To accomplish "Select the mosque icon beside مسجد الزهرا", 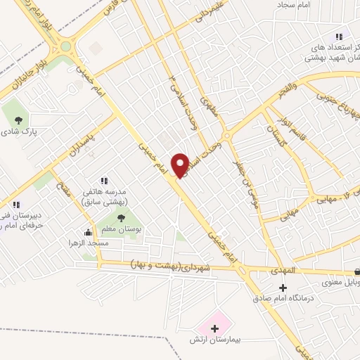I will pyautogui.click(x=88, y=233).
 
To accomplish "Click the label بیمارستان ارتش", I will pyautogui.click(x=217, y=340).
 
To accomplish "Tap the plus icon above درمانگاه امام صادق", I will pyautogui.click(x=283, y=288).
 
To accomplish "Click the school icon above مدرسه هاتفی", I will pyautogui.click(x=105, y=181).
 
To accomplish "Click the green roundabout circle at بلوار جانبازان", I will pyautogui.click(x=66, y=47).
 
